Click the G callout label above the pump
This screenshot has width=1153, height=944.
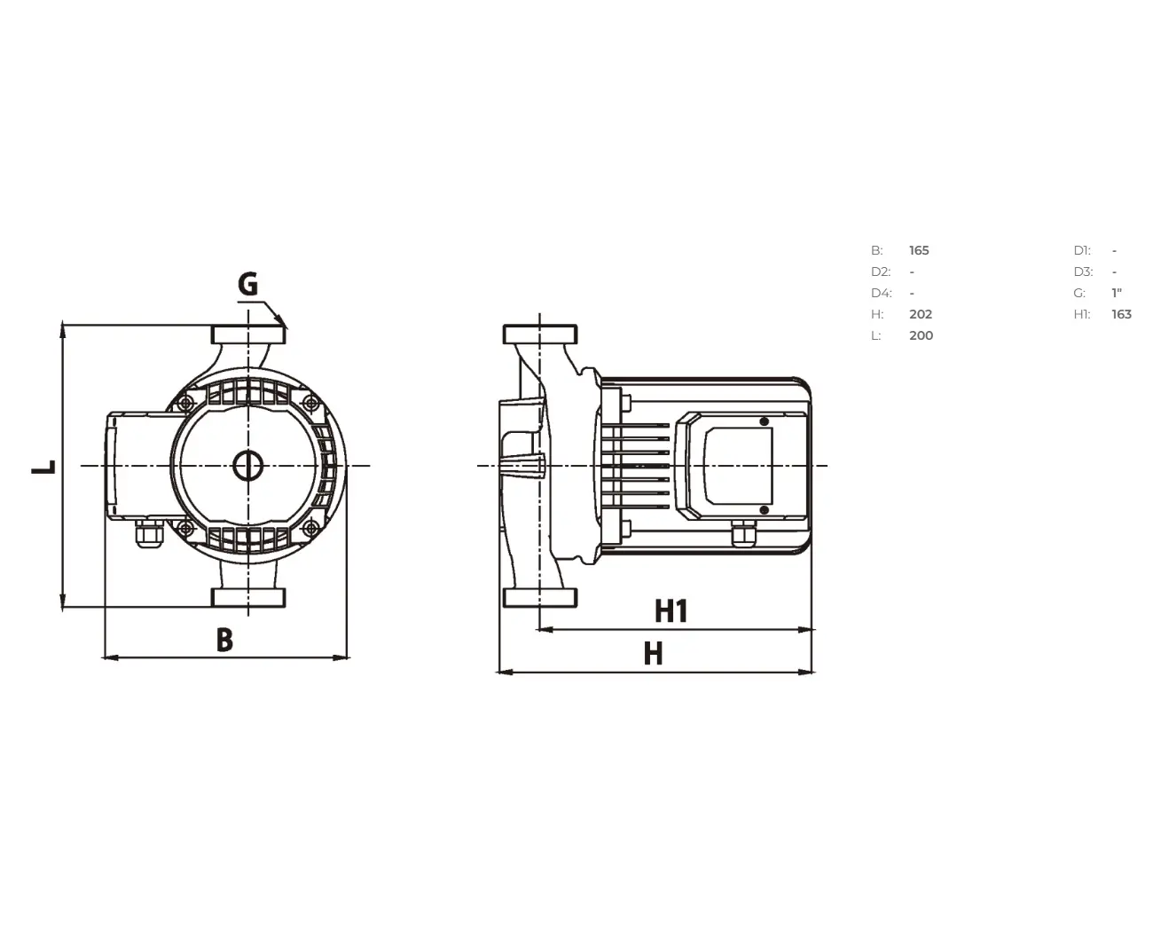(247, 284)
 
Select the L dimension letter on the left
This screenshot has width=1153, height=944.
(43, 467)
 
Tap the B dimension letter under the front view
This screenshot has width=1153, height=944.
(224, 640)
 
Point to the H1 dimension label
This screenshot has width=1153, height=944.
(671, 611)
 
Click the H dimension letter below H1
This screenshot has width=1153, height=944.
(654, 653)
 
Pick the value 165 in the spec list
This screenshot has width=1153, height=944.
(919, 250)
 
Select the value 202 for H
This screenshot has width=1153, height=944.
(921, 314)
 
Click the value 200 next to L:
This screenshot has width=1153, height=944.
(922, 336)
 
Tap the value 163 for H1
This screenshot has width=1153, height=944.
(1121, 314)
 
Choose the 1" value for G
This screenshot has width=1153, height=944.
(1117, 293)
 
